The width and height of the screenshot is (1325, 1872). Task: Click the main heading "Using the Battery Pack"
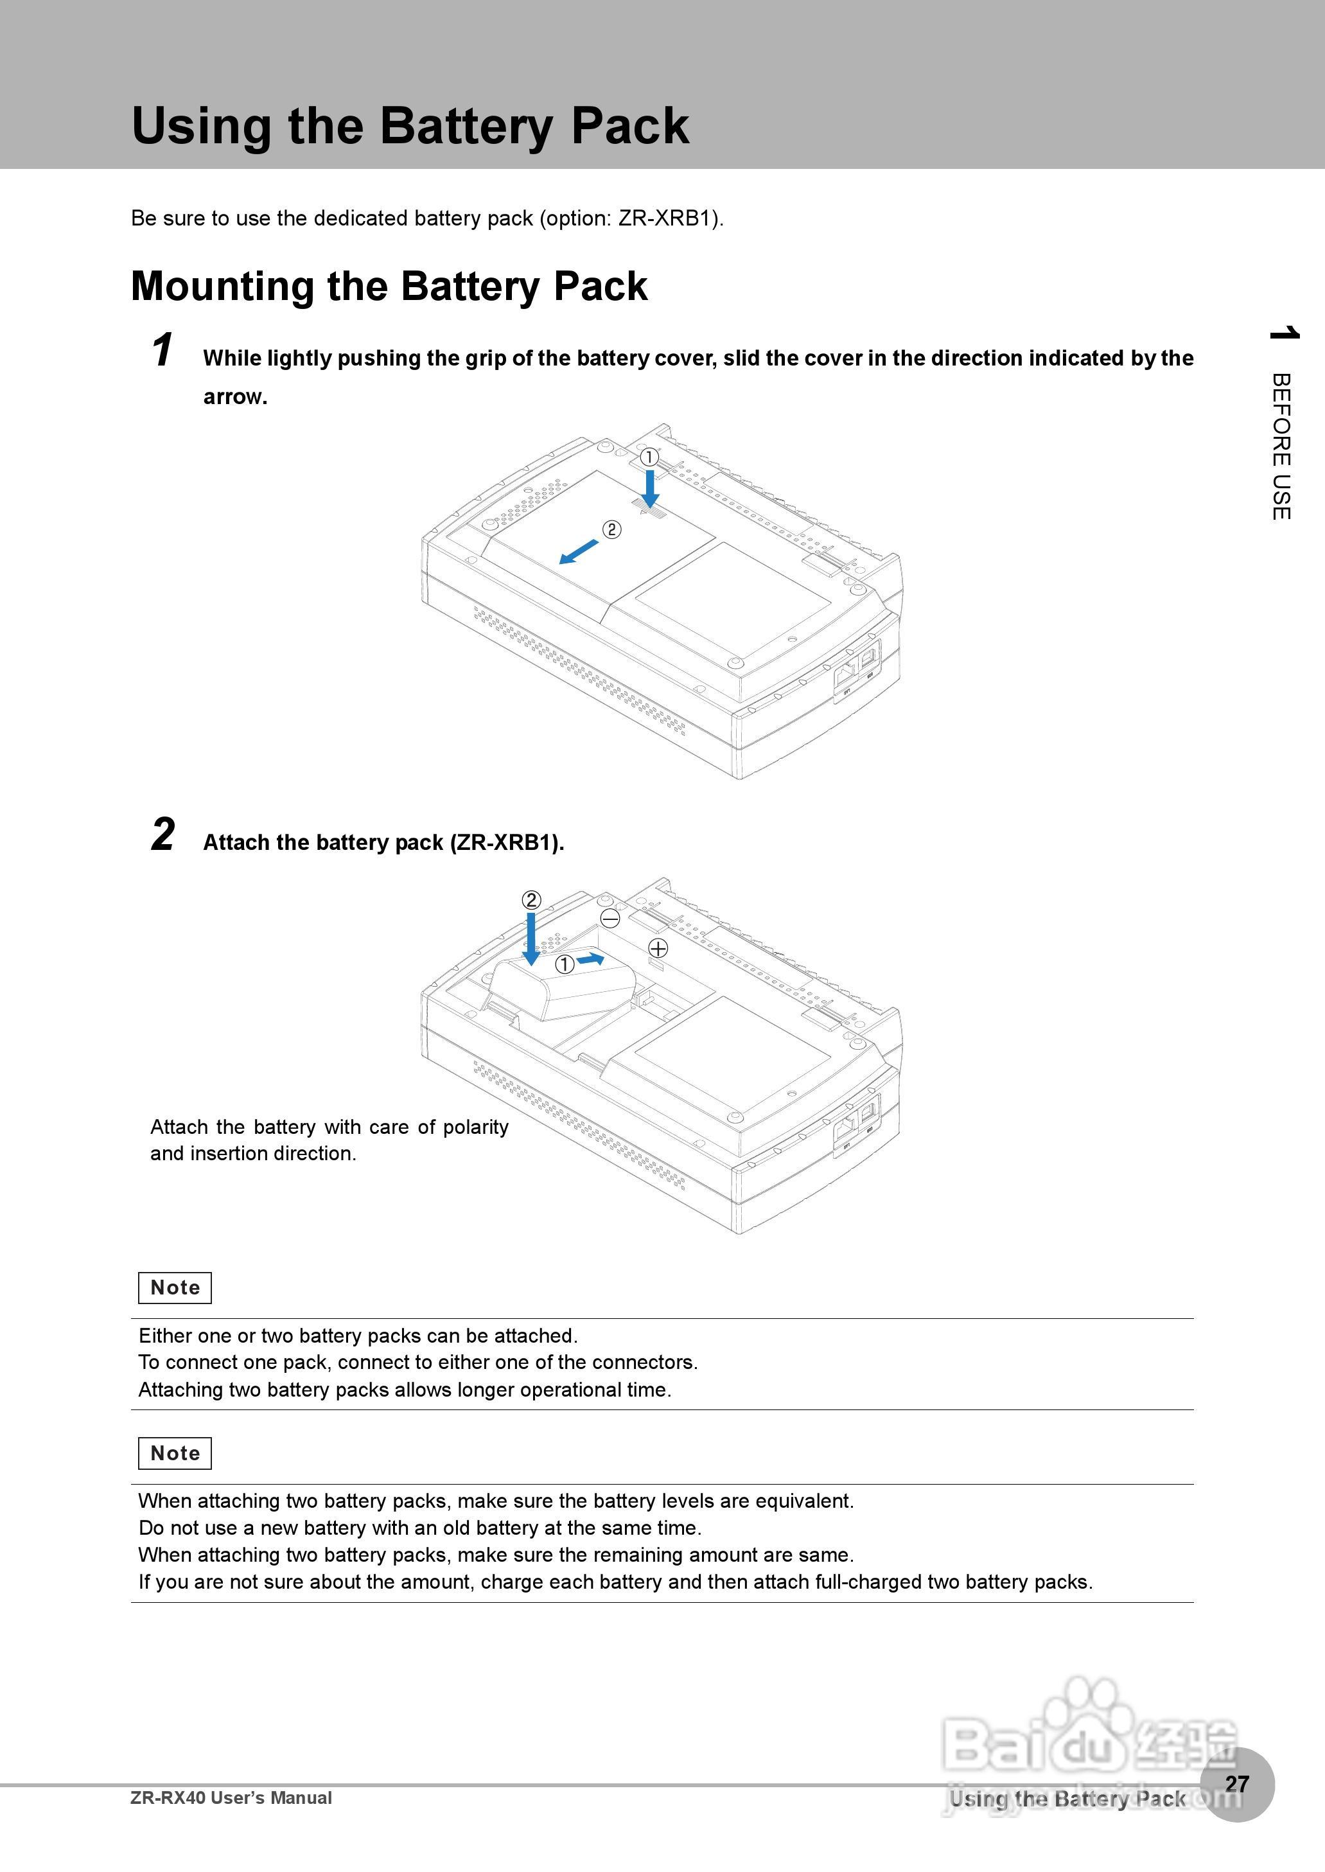[x=410, y=127]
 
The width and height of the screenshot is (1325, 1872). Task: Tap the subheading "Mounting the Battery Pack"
[x=389, y=287]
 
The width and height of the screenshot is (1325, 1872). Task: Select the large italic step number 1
[x=162, y=351]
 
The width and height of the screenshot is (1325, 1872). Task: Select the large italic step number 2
[x=163, y=834]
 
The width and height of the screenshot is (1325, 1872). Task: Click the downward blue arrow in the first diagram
[x=650, y=490]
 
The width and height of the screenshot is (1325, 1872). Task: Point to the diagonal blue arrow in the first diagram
[x=579, y=552]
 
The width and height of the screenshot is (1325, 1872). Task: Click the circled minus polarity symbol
[x=610, y=919]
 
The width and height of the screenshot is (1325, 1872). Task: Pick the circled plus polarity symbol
[x=658, y=948]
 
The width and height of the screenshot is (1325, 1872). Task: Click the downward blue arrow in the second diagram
[x=531, y=939]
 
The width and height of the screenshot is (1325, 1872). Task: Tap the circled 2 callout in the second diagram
[x=531, y=900]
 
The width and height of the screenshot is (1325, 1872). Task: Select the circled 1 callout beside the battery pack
[x=565, y=964]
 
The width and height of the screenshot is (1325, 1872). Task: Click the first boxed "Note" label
[x=175, y=1287]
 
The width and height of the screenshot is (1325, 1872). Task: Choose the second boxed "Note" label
[x=175, y=1453]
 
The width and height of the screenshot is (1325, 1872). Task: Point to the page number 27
[x=1237, y=1784]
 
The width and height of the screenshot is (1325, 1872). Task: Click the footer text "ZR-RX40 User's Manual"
[x=231, y=1797]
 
